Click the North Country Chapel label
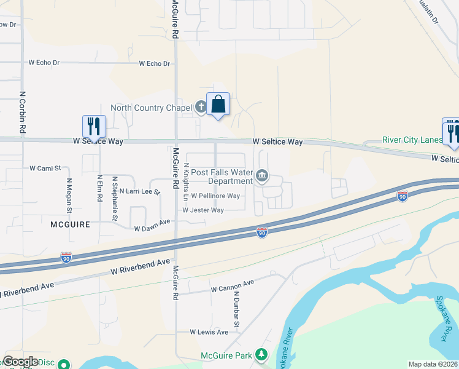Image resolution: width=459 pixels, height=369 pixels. point(152,108)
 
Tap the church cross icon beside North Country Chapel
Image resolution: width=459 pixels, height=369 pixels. point(201,108)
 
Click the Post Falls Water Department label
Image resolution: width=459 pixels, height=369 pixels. point(222,177)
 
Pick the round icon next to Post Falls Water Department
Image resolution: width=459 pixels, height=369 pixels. point(262,177)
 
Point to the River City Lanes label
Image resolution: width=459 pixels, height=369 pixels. point(412,140)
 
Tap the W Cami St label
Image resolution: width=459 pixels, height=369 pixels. point(45,168)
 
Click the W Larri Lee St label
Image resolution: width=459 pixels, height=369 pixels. point(139,192)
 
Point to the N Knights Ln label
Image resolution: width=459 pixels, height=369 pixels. point(186,181)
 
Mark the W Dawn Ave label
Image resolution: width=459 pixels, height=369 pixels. point(151,225)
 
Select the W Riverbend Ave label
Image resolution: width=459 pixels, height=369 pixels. point(140,266)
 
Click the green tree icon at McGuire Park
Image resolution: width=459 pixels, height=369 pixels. point(261,355)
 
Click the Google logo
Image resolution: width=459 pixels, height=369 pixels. point(20,362)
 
